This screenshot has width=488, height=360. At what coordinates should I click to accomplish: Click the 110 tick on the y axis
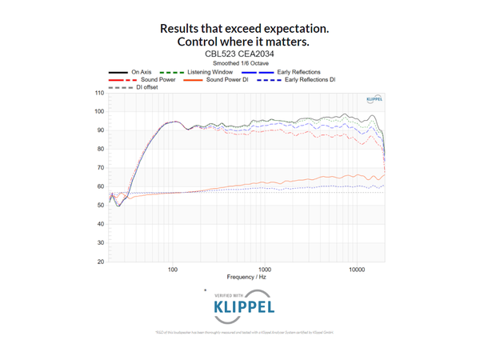coord(99,92)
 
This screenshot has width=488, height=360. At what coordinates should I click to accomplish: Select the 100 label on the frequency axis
coord(172,269)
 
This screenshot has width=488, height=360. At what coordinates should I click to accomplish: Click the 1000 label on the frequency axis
coord(264,269)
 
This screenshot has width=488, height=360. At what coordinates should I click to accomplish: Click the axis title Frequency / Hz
coord(246,278)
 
